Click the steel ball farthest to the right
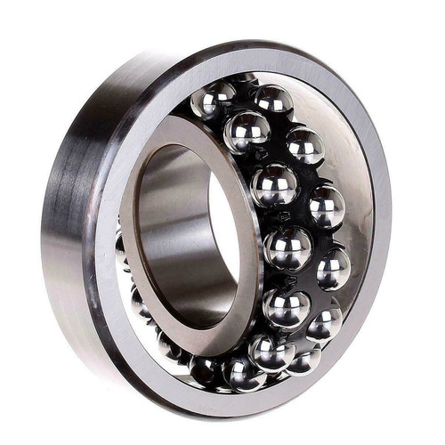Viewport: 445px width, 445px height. (333, 269)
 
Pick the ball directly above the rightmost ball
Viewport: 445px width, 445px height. (327, 206)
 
